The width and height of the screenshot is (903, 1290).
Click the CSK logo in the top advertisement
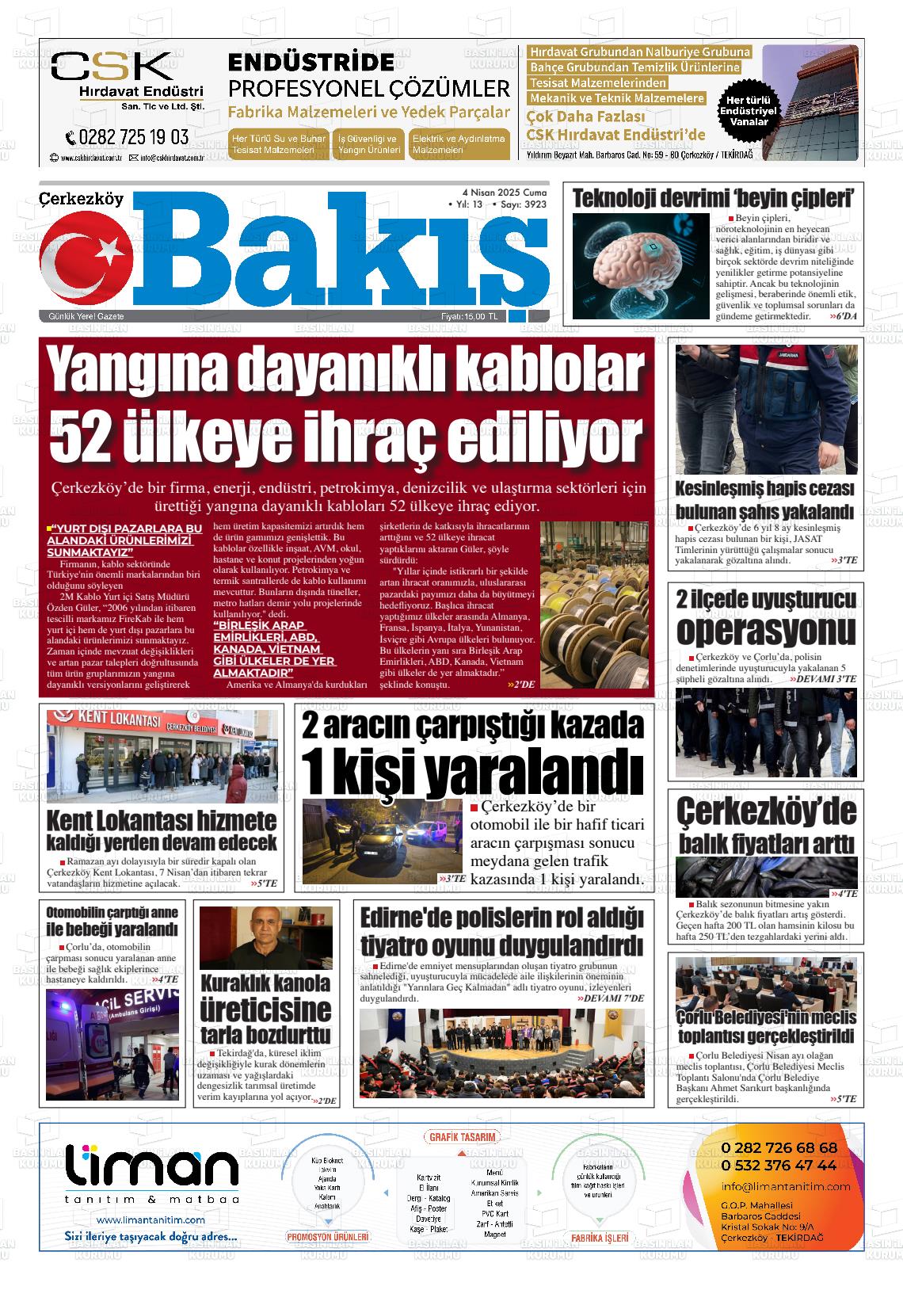[x=112, y=68]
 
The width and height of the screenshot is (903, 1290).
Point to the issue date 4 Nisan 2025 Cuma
[x=504, y=193]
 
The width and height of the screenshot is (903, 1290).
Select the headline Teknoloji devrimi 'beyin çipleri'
[x=713, y=198]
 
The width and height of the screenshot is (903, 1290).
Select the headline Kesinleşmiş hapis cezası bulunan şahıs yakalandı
[x=764, y=499]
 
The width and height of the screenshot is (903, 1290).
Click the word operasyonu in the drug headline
[x=765, y=631]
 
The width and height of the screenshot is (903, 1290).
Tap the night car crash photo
[x=383, y=842]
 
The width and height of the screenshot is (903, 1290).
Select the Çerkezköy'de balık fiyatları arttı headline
[x=766, y=826]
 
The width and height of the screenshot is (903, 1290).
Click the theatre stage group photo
[x=502, y=1051]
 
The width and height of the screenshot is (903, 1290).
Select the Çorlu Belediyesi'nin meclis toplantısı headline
[x=766, y=1026]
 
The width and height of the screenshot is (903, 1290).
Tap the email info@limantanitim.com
[x=785, y=1186]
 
